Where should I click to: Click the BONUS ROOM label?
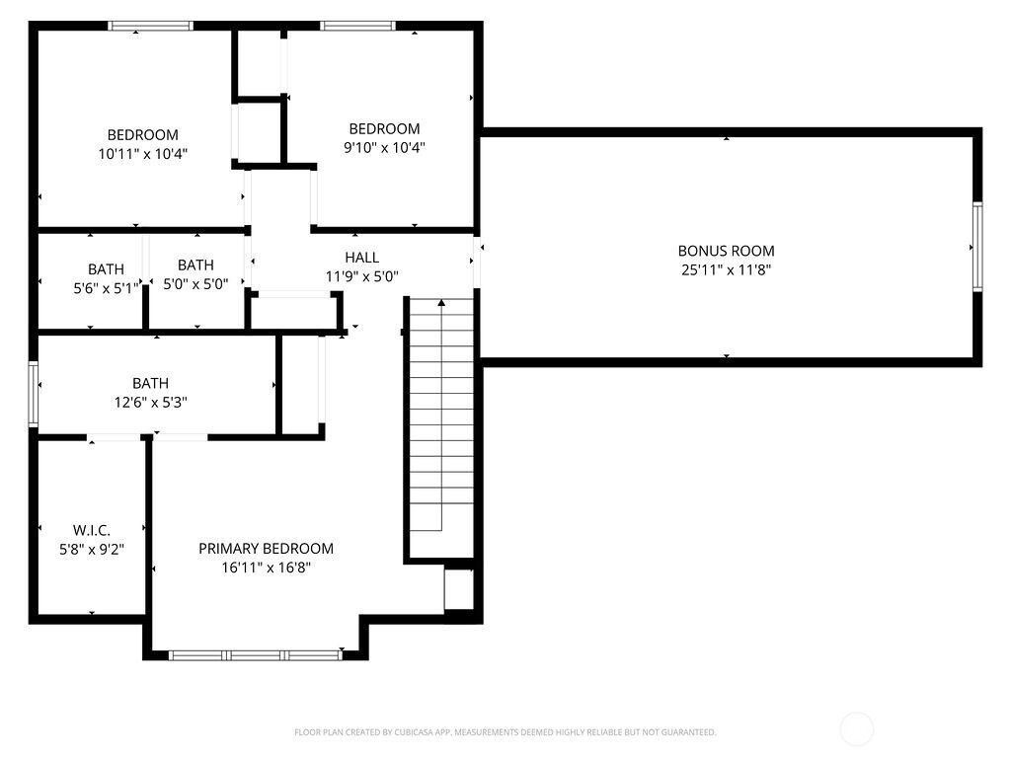click(x=726, y=251)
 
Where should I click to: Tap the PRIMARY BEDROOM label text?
click(x=266, y=549)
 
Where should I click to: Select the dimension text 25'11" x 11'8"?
click(x=726, y=270)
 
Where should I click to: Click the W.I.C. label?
click(x=92, y=530)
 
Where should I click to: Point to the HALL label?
click(x=361, y=258)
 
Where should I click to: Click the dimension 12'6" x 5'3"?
click(x=151, y=403)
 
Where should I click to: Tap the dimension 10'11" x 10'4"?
click(x=143, y=154)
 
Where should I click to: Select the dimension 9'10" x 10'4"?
click(x=384, y=148)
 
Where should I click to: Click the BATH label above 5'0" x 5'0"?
click(x=195, y=265)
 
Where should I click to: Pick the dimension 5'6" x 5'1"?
click(x=107, y=288)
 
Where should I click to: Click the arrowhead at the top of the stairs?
click(x=441, y=302)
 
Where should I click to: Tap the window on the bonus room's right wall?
click(x=977, y=247)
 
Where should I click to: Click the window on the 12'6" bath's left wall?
click(x=33, y=394)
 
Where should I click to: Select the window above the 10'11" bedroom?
click(x=150, y=26)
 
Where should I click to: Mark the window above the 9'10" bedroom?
click(x=357, y=26)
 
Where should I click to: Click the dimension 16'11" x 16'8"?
click(x=267, y=568)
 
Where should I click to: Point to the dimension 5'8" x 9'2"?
click(x=92, y=550)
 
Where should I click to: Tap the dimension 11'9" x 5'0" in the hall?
click(x=361, y=277)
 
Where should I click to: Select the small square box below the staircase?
click(x=459, y=589)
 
